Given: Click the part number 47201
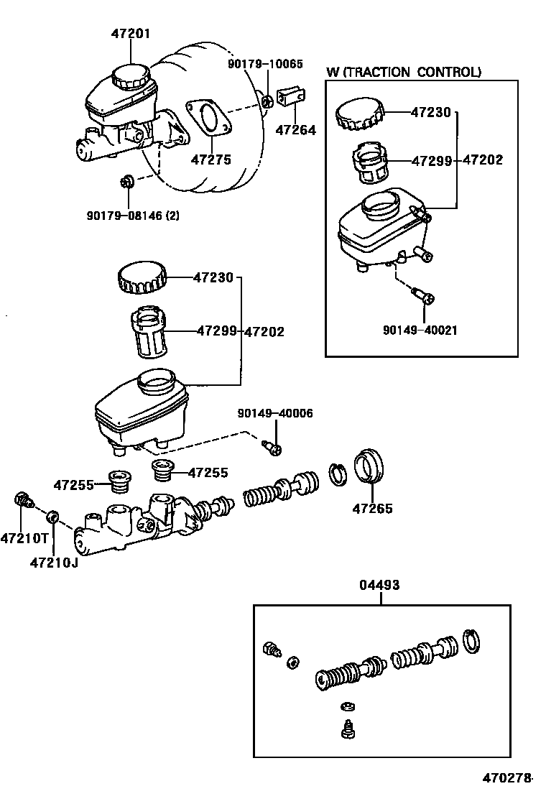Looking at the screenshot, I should [132, 33].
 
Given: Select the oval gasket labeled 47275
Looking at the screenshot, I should [209, 119].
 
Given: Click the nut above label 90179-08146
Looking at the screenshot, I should [127, 182].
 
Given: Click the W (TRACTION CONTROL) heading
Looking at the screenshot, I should [403, 72].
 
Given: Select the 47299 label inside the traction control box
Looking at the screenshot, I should [431, 161].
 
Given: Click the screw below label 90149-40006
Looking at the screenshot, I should [272, 448].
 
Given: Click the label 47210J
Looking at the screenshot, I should [54, 562].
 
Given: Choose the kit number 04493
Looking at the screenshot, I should [379, 586].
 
